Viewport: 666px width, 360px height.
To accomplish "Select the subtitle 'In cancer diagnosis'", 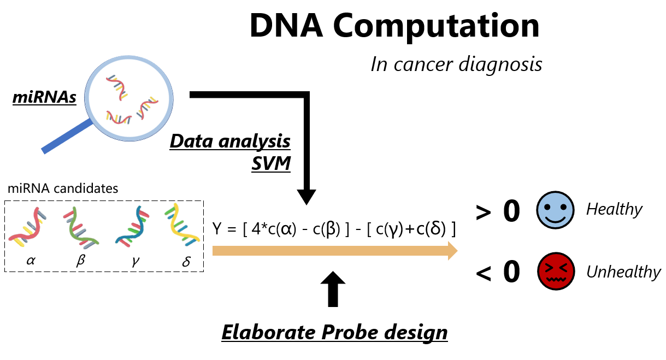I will click(456, 64).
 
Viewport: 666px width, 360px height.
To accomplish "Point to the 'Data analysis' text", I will click(230, 141).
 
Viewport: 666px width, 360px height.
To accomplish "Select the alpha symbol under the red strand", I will click(31, 261).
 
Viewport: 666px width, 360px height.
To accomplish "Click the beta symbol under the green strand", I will click(81, 261).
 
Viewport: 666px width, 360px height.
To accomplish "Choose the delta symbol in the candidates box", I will click(186, 261).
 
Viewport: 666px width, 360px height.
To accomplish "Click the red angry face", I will click(556, 272).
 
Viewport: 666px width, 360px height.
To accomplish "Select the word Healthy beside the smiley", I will click(614, 209).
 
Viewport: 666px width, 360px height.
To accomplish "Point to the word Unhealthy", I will click(623, 272).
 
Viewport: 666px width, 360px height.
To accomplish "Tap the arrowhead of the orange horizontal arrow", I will click(451, 251).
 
